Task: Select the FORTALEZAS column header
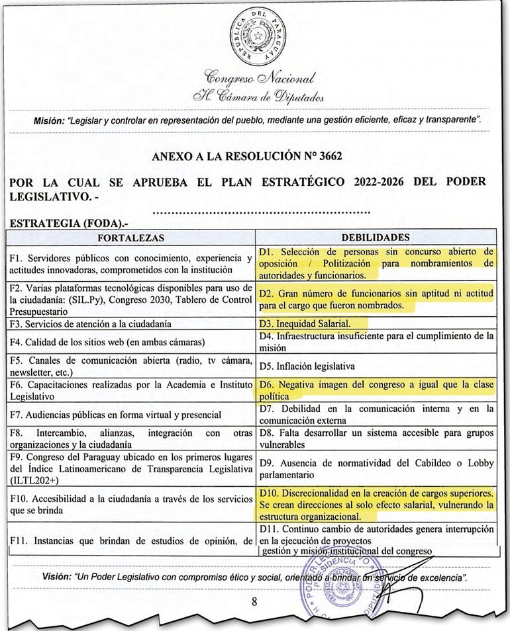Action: tap(130, 237)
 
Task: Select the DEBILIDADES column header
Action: tap(376, 237)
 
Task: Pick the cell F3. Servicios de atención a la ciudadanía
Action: tap(90, 323)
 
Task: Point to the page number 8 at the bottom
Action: tap(254, 602)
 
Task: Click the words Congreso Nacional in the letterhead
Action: tap(260, 78)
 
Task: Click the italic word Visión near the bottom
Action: tap(56, 577)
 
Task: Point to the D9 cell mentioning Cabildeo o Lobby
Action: tap(376, 468)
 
